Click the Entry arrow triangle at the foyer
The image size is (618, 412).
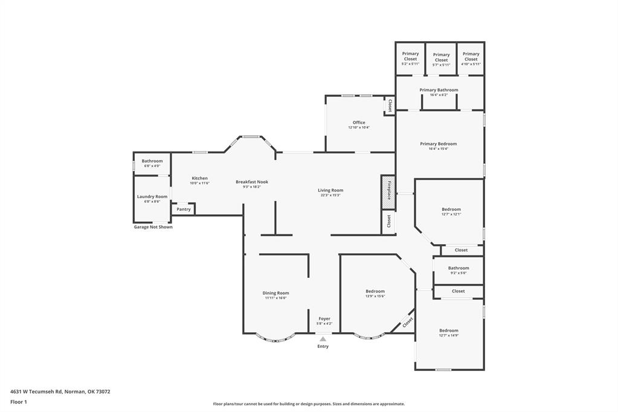pyautogui.click(x=323, y=339)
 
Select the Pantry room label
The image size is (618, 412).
pyautogui.click(x=184, y=210)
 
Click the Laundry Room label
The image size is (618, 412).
pyautogui.click(x=152, y=196)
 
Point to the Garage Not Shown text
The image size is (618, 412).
pyautogui.click(x=153, y=227)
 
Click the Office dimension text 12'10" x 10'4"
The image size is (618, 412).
pyautogui.click(x=359, y=127)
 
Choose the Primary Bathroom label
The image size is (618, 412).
pyautogui.click(x=439, y=90)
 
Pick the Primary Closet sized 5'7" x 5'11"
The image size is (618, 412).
pyautogui.click(x=441, y=57)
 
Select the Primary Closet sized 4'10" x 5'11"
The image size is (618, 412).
pyautogui.click(x=471, y=57)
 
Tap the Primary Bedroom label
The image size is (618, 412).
pyautogui.click(x=439, y=144)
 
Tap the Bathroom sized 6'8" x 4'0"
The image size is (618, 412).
pyautogui.click(x=152, y=161)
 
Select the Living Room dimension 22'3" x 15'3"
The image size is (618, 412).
pyautogui.click(x=330, y=195)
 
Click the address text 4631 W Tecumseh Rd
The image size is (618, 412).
pyautogui.click(x=36, y=391)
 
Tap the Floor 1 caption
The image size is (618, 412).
pyautogui.click(x=19, y=402)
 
